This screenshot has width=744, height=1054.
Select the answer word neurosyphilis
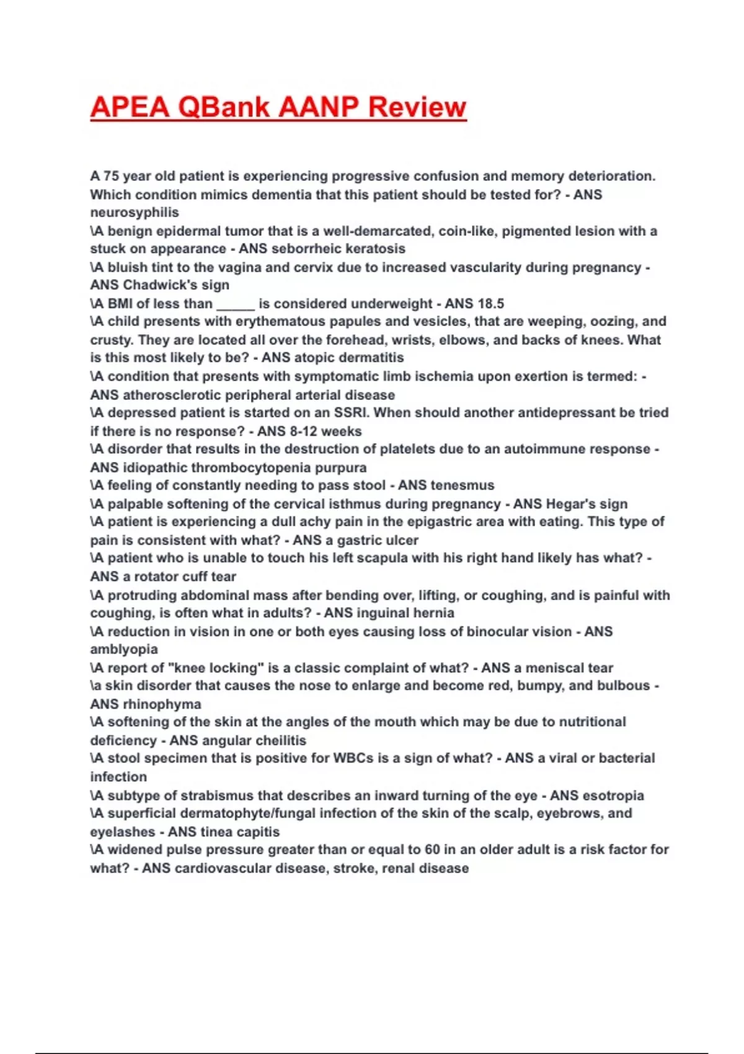tap(135, 213)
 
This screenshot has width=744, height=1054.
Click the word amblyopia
tap(124, 649)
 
